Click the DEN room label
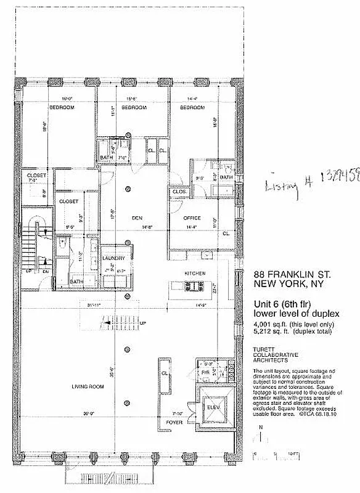[137, 218]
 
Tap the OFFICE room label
[192, 218]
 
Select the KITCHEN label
[195, 273]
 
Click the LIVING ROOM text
[87, 386]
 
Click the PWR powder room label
[204, 373]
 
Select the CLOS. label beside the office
[179, 192]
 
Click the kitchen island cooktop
[195, 286]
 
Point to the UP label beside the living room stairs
[144, 323]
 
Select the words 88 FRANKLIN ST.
[287, 275]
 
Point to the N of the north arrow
[262, 426]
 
